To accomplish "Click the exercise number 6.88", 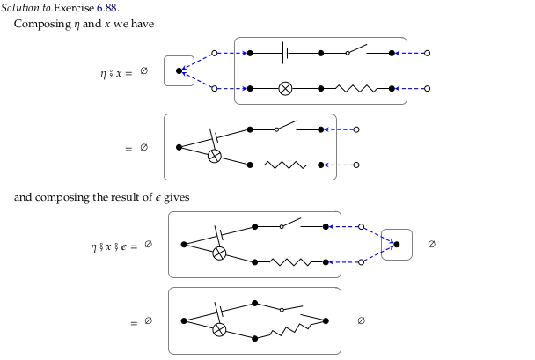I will pyautogui.click(x=120, y=8).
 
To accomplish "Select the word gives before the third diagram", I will pyautogui.click(x=176, y=197).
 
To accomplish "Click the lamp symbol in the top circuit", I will pyautogui.click(x=285, y=88).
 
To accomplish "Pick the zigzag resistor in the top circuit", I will pyautogui.click(x=356, y=88).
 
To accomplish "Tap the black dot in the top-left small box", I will pyautogui.click(x=180, y=70).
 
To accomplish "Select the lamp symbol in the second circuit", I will pyautogui.click(x=214, y=156).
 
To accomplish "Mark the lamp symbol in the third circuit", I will pyautogui.click(x=220, y=253).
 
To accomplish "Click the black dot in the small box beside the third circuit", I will pyautogui.click(x=396, y=245).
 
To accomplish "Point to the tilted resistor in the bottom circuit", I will pyautogui.click(x=290, y=332).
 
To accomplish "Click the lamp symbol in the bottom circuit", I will pyautogui.click(x=220, y=330).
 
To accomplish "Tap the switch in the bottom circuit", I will pyautogui.click(x=290, y=308).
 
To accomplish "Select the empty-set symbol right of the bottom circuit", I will pyautogui.click(x=361, y=320).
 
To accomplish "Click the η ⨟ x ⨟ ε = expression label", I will pyautogui.click(x=114, y=246).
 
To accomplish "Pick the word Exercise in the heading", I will pyautogui.click(x=80, y=8).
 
